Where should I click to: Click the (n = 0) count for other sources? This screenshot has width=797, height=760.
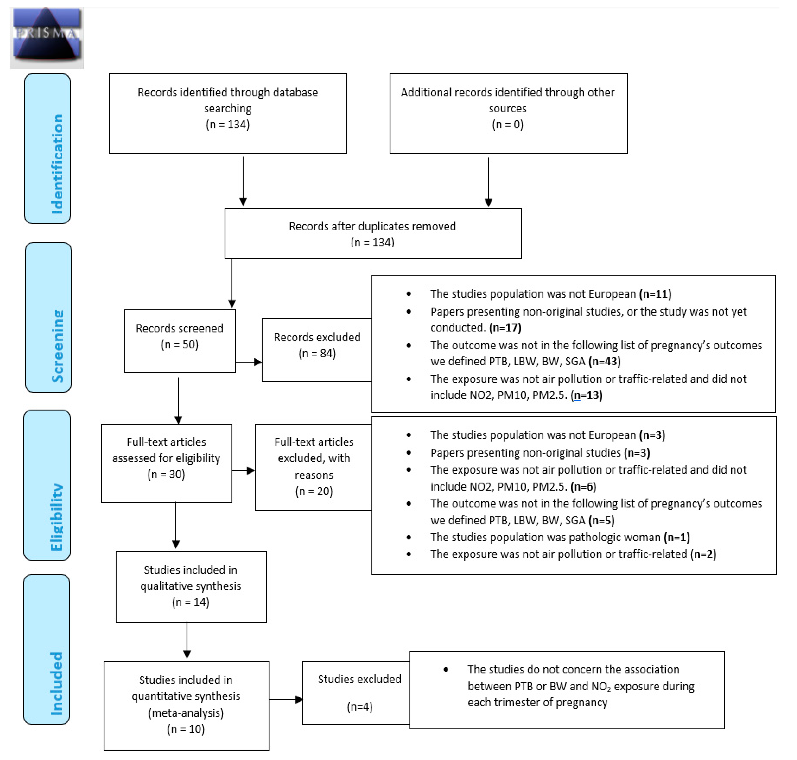[x=507, y=124]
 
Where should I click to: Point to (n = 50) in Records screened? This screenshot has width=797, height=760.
[x=179, y=344]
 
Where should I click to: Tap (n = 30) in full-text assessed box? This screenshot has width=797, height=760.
[x=166, y=474]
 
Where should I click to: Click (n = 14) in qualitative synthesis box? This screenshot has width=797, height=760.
[x=191, y=602]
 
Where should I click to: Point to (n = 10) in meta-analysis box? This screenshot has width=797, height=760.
[x=186, y=729]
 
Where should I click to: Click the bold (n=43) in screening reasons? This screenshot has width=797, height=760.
[x=605, y=361]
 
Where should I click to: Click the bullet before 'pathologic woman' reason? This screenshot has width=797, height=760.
[x=409, y=537]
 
